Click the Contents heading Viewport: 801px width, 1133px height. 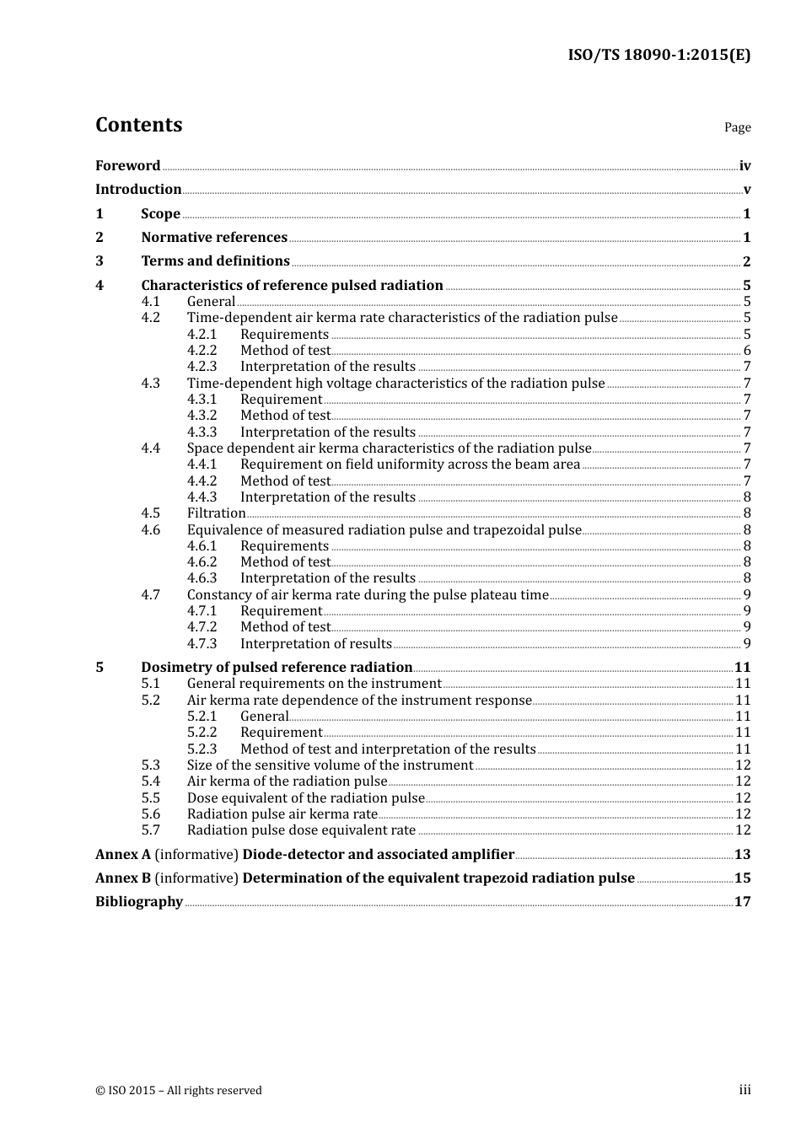(138, 125)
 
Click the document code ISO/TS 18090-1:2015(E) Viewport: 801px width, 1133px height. (659, 55)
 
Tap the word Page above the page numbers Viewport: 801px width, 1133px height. (737, 127)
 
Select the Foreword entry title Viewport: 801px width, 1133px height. (127, 166)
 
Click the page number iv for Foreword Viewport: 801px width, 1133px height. (745, 166)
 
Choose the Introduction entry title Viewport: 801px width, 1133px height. (138, 190)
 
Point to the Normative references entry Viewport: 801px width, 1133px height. (214, 238)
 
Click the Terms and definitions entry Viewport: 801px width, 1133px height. (215, 261)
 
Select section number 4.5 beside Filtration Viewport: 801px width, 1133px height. (150, 513)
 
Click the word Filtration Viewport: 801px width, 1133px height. (216, 513)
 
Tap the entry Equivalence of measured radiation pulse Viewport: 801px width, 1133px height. (384, 530)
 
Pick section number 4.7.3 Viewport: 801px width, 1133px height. (202, 644)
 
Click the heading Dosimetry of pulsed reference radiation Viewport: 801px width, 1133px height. (277, 668)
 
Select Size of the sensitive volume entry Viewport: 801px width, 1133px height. (330, 765)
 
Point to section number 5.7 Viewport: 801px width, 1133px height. (150, 830)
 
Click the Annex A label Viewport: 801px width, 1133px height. (123, 855)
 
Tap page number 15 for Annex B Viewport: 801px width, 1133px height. (742, 878)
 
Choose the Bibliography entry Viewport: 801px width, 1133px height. (139, 902)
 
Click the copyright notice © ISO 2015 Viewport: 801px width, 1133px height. (178, 1091)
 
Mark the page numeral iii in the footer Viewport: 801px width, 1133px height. (745, 1090)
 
